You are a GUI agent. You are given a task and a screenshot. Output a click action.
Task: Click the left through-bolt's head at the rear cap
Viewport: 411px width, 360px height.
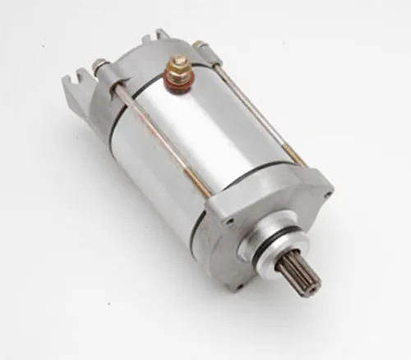click(99, 65)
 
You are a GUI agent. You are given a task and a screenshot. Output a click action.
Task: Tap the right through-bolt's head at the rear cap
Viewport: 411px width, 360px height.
click(199, 44)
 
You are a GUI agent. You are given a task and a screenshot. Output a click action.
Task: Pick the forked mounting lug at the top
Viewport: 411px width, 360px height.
click(154, 37)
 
